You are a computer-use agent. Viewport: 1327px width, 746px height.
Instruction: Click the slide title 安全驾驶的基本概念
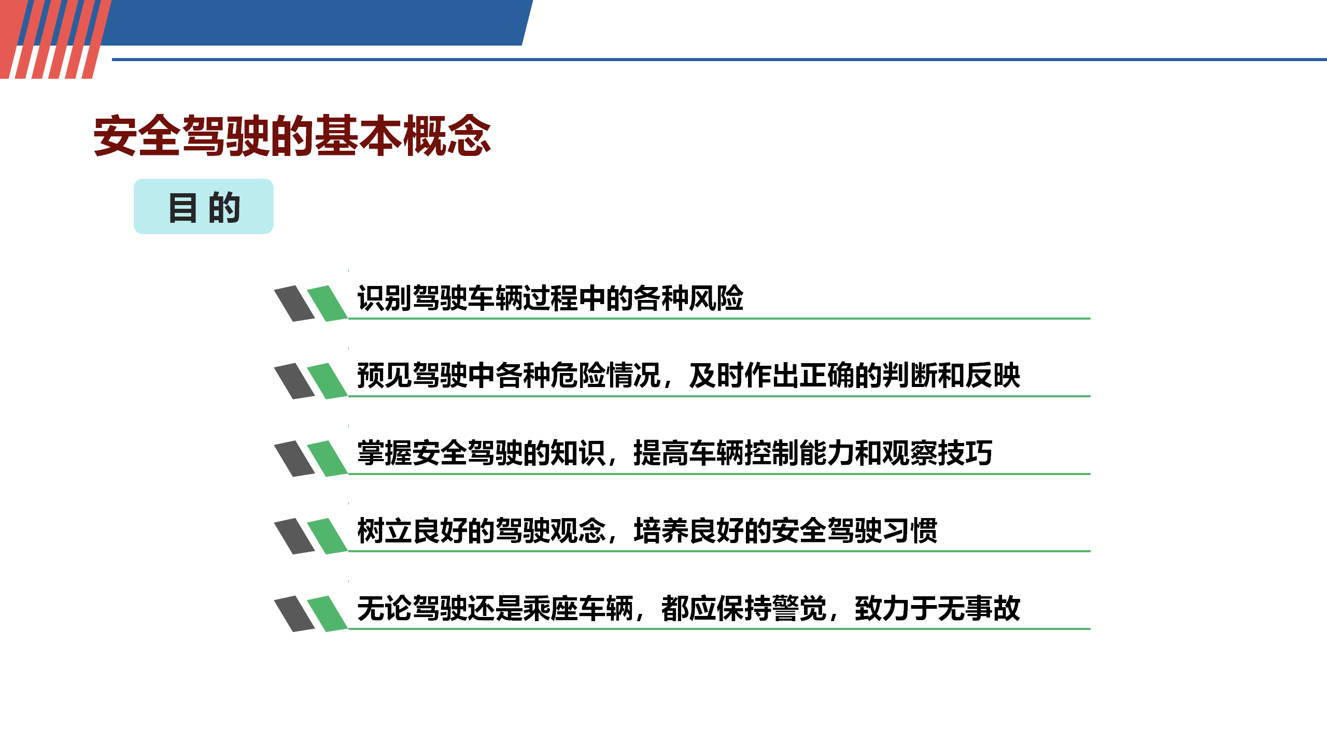(292, 136)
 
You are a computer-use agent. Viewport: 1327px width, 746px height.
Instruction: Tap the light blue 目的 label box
(204, 206)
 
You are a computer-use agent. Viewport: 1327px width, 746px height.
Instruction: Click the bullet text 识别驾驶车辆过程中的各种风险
(550, 298)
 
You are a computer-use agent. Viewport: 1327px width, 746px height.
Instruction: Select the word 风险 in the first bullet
(716, 298)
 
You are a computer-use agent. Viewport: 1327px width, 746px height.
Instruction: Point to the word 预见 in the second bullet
(385, 376)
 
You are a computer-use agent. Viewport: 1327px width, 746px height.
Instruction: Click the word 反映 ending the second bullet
(993, 376)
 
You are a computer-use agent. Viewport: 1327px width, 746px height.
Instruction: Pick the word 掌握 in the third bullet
(385, 453)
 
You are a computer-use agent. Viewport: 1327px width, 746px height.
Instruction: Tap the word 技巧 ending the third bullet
(965, 453)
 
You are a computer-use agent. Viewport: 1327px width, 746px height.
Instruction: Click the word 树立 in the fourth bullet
(385, 530)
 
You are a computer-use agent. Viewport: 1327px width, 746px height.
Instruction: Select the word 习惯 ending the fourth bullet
(910, 530)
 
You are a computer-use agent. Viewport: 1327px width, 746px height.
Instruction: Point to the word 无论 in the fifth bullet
(385, 608)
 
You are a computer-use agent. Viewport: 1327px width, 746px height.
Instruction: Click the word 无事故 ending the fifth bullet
(979, 608)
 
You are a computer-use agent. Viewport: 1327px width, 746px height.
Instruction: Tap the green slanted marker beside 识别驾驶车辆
(327, 303)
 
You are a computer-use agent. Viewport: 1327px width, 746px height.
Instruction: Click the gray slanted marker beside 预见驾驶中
(294, 381)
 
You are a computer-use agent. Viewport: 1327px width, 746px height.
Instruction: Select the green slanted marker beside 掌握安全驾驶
(327, 458)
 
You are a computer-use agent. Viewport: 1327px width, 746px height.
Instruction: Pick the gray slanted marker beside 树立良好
(294, 536)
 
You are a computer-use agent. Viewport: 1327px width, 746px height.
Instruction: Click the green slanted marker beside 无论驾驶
(327, 613)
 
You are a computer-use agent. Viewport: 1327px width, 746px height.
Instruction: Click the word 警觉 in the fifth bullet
(799, 608)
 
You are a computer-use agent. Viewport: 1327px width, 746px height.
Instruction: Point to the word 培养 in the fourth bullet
(661, 530)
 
